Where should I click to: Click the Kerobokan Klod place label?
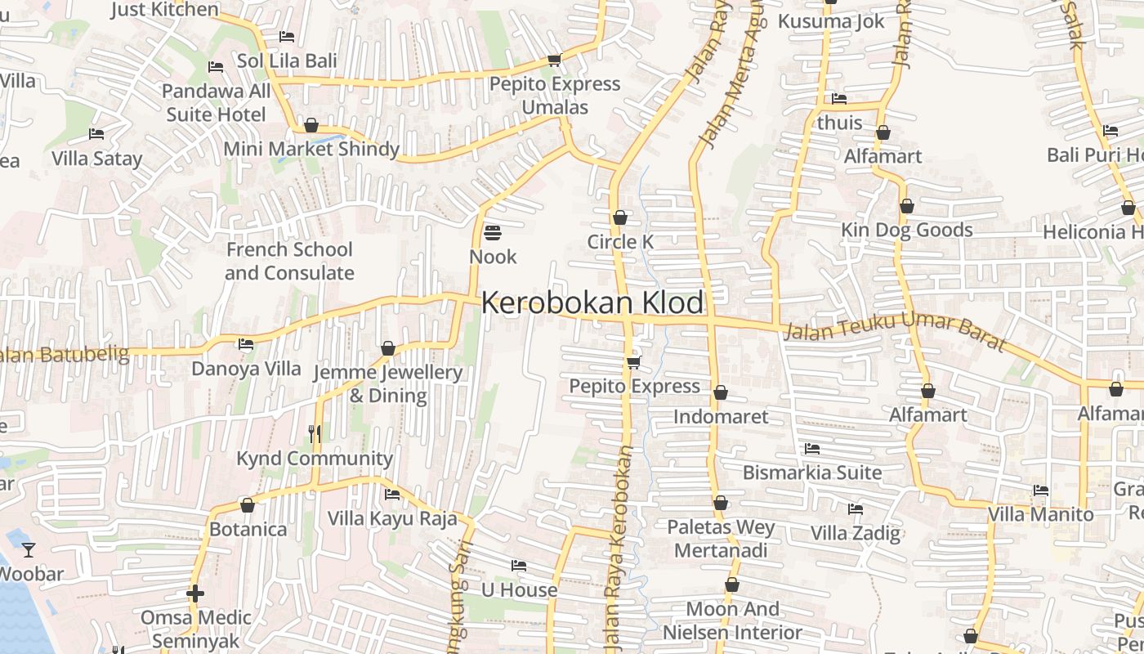592,303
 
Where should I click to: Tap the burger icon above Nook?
492,233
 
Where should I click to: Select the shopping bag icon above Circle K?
620,217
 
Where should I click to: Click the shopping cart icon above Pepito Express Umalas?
555,60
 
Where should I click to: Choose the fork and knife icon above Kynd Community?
315,432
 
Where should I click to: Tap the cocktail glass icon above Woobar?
29,549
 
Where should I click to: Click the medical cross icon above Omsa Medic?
194,593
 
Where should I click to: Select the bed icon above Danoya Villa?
246,344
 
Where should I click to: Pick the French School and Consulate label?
289,261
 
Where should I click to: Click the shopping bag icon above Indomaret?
721,393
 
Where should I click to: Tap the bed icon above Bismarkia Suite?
812,449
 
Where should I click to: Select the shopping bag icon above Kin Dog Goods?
906,207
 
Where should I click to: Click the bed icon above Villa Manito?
1041,490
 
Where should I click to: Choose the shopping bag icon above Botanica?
248,506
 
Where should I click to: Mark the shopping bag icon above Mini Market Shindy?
311,125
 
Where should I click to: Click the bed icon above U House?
519,566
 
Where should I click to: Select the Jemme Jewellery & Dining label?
388,384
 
